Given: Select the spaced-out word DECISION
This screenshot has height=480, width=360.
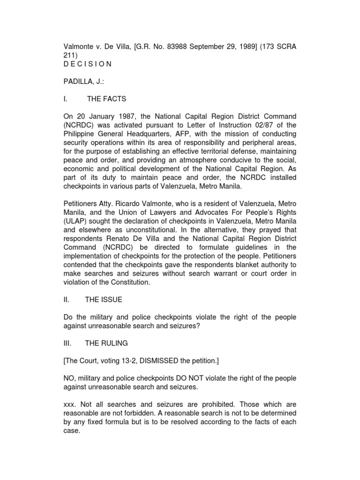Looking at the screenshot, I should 88,64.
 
